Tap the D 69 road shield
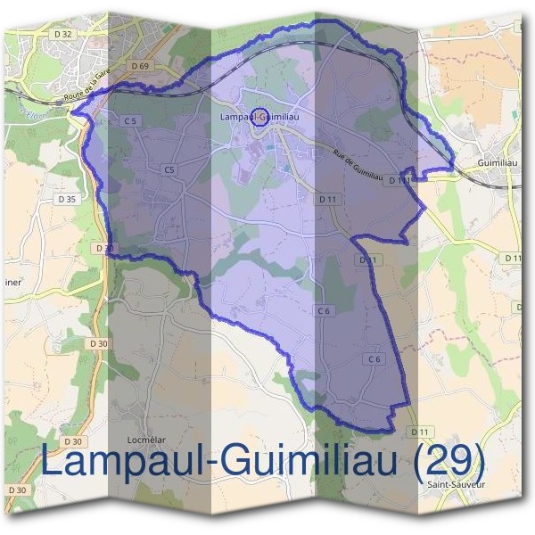pyautogui.click(x=139, y=66)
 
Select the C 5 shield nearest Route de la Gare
pyautogui.click(x=130, y=120)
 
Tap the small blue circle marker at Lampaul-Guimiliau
pyautogui.click(x=259, y=116)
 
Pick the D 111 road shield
pyautogui.click(x=399, y=180)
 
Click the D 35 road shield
pyautogui.click(x=67, y=198)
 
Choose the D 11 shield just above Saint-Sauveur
pyautogui.click(x=419, y=432)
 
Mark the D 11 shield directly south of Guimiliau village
pyautogui.click(x=512, y=258)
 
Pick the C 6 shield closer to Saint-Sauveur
pyautogui.click(x=374, y=358)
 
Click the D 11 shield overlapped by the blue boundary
pyautogui.click(x=366, y=259)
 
